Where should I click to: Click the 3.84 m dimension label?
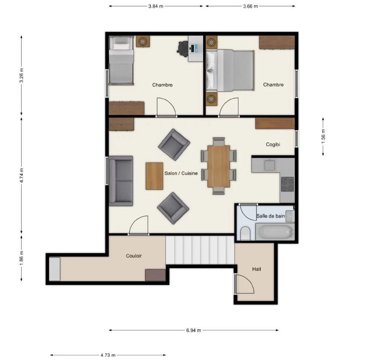pos(156,6)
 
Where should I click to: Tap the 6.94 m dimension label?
pos(193,330)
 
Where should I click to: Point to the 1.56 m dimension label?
pos(323,137)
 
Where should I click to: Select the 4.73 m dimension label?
pos(108,355)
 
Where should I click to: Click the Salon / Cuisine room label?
pos(181,173)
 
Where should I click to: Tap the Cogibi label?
pos(273,145)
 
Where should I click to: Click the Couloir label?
pos(134,256)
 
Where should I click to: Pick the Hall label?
pos(256,269)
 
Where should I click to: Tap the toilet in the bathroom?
pos(245,233)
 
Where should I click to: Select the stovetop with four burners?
pos(287,184)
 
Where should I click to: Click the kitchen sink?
pos(270,165)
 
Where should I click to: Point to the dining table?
pos(219,166)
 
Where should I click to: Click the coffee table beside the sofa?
pos(154,176)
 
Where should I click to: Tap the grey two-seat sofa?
pos(121,181)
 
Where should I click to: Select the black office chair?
pos(183,49)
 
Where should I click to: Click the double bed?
pos(230,70)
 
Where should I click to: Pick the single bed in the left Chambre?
pos(121,60)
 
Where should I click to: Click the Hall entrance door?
pos(244,284)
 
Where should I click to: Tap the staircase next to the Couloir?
pos(200,250)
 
